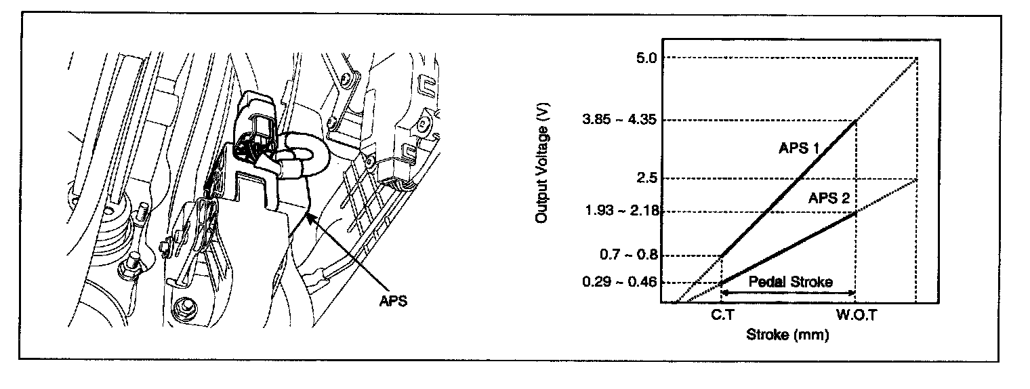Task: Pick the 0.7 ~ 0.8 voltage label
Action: tap(629, 255)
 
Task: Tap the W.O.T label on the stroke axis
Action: tap(855, 316)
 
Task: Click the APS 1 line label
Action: tap(798, 148)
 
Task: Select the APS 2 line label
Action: tap(829, 199)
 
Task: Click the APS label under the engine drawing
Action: tap(393, 301)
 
